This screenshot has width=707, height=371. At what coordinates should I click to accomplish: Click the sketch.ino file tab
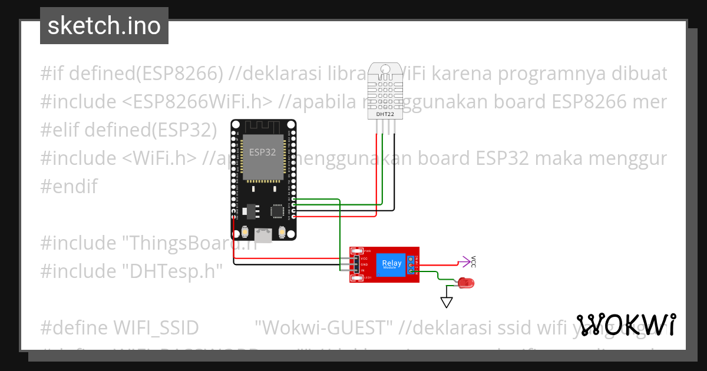click(104, 26)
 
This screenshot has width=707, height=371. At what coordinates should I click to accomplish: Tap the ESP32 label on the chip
click(263, 152)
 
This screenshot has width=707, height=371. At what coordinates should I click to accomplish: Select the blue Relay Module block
click(392, 264)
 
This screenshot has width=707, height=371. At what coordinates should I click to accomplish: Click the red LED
click(467, 283)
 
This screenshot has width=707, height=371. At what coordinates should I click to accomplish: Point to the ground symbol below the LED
click(447, 302)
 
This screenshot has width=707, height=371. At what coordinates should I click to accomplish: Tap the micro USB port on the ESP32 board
click(263, 236)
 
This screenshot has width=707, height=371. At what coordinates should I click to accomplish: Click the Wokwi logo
click(626, 324)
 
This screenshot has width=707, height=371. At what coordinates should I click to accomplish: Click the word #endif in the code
click(69, 187)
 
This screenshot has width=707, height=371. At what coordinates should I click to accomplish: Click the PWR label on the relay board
click(367, 251)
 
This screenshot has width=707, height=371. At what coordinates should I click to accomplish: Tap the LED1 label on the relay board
click(367, 277)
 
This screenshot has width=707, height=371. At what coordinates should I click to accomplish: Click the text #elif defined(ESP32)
click(128, 130)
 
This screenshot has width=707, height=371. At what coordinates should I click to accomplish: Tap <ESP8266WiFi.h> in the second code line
click(197, 102)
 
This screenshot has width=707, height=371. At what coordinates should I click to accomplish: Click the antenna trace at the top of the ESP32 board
click(263, 125)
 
